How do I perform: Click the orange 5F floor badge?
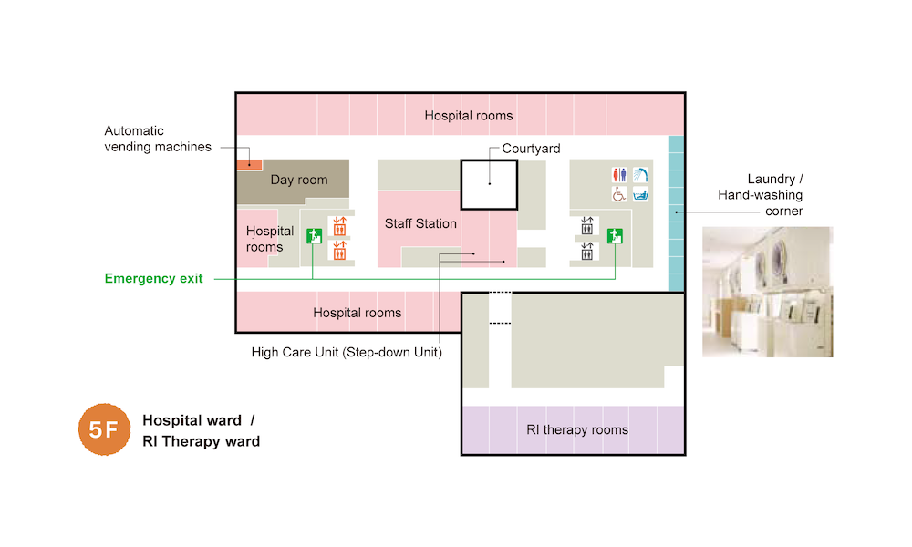tap(104, 429)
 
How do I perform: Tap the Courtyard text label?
tap(531, 149)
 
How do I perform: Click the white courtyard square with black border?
tap(489, 185)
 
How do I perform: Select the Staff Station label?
tap(420, 223)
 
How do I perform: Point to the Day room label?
tap(299, 180)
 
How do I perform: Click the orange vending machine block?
tap(249, 165)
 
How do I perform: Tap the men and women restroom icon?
tap(620, 174)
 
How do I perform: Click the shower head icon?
tap(641, 174)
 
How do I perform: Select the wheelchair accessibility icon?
tap(620, 194)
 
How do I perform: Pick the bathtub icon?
tap(641, 194)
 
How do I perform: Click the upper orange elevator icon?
tap(339, 226)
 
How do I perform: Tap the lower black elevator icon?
tap(586, 250)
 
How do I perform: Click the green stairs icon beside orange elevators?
tap(313, 235)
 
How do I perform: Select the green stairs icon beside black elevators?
tap(616, 236)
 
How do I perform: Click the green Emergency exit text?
tap(154, 279)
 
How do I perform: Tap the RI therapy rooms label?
tap(577, 430)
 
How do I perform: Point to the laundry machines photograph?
tap(767, 292)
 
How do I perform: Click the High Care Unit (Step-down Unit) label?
tap(347, 353)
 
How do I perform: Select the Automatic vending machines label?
tap(158, 139)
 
